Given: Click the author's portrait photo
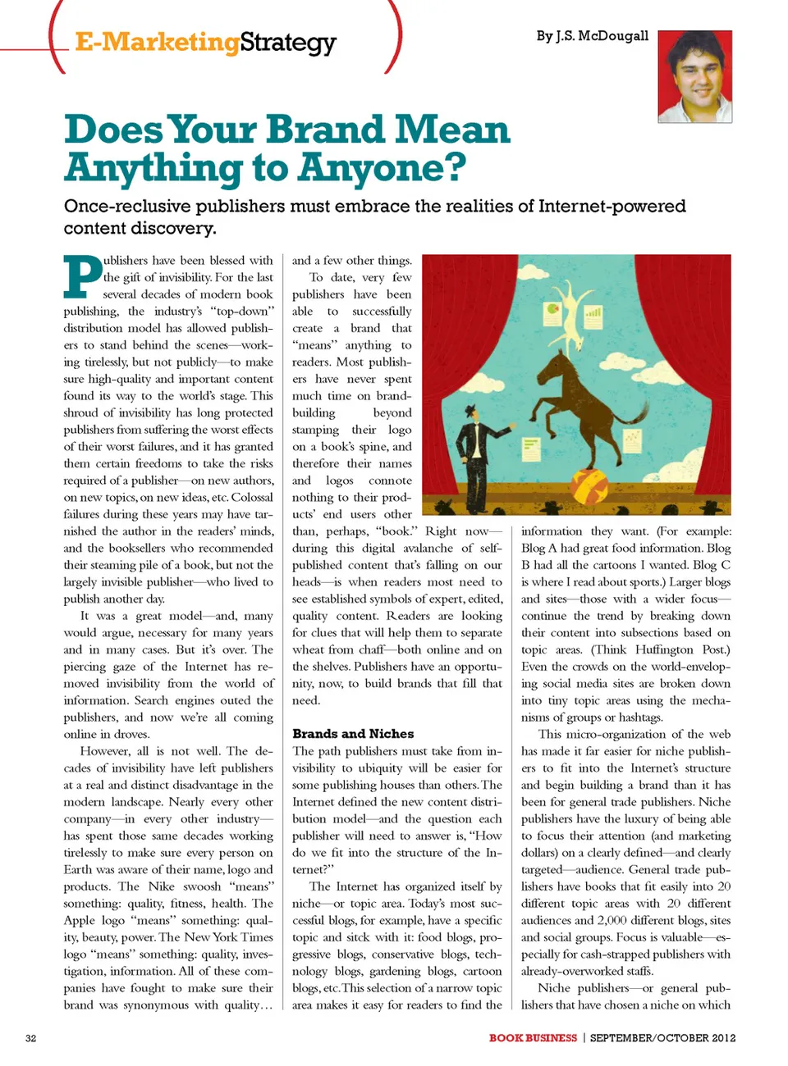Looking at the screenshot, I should click(x=694, y=76).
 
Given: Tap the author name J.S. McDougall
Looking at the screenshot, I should click(x=593, y=36).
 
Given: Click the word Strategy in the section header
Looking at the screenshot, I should click(x=288, y=43).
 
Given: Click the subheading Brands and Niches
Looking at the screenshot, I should click(x=353, y=734).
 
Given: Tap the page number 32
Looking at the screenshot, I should click(x=31, y=1038).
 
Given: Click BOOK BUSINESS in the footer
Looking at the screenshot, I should click(x=533, y=1038).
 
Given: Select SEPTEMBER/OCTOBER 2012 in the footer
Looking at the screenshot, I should click(x=662, y=1038).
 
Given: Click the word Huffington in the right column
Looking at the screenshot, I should click(x=663, y=649).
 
